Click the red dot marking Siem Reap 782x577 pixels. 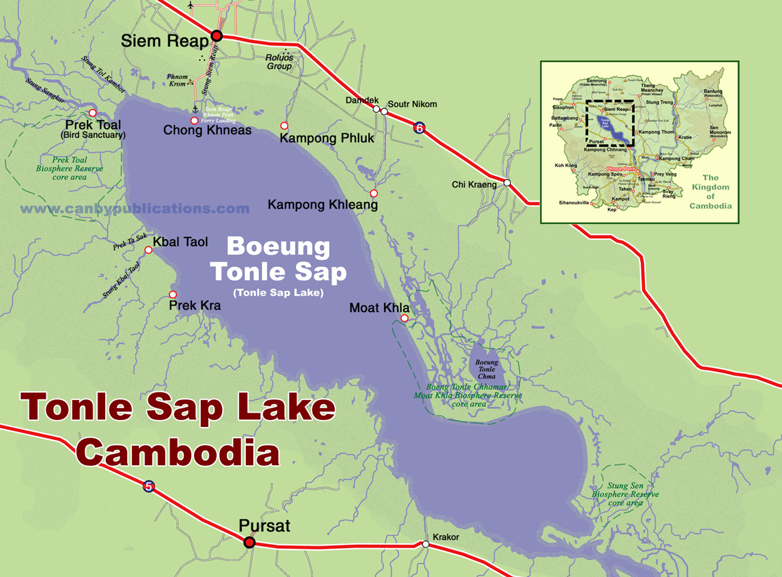[x=217, y=36]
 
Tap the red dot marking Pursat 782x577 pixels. [x=249, y=542]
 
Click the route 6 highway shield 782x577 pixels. [x=419, y=128]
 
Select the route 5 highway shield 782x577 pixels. [x=148, y=486]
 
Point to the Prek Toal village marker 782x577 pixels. [x=93, y=113]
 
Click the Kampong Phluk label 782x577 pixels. [x=327, y=138]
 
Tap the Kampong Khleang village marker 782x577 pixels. [x=373, y=193]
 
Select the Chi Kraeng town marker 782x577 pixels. [x=507, y=183]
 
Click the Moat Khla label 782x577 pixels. [x=379, y=308]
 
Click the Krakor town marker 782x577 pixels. [x=425, y=544]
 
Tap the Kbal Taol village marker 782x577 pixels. [x=148, y=250]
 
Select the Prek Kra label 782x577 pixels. [x=195, y=306]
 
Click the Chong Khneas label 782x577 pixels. [x=207, y=131]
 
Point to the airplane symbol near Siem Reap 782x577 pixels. [x=191, y=6]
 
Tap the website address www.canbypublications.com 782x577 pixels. [x=135, y=209]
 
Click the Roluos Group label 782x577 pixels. [x=279, y=62]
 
